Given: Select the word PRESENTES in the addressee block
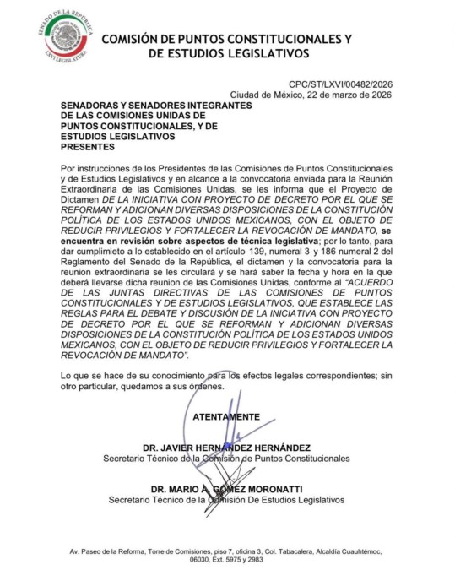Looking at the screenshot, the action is point(87,145).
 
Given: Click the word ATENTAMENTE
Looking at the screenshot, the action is point(226,416).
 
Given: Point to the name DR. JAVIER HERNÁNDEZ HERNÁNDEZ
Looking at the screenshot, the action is point(226,448).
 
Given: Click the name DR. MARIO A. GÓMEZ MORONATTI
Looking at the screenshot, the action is point(226,489).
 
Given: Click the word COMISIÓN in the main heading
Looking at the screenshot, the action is point(140,39).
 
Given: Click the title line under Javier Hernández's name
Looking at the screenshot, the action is point(226,459).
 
